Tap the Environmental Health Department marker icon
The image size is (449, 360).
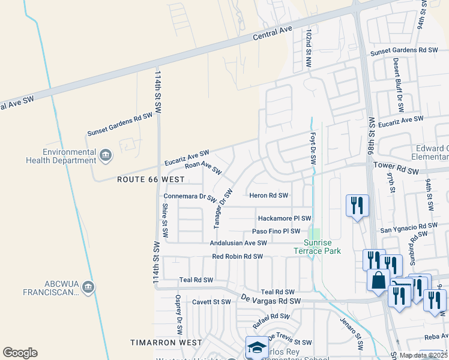106,156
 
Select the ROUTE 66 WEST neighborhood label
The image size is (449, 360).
151,179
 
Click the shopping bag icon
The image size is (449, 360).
379,280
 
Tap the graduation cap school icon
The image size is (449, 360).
256,347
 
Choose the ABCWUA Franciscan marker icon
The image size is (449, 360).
89,287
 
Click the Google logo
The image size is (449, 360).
20,353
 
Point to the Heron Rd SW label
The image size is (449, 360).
268,196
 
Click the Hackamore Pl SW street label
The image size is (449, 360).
285,218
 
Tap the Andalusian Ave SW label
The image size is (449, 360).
238,243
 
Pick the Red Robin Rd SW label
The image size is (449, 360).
238,257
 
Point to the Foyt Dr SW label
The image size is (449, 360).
312,149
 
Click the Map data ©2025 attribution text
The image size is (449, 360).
423,355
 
